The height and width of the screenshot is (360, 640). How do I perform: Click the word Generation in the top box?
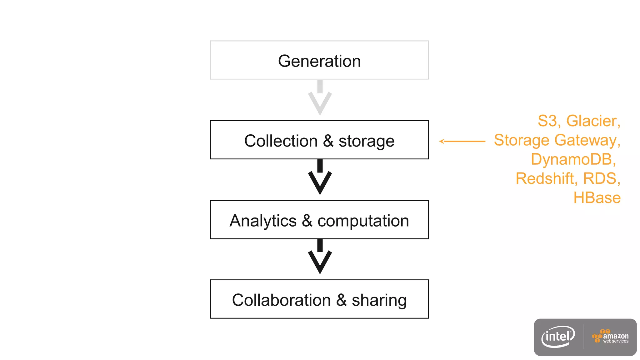pyautogui.click(x=319, y=61)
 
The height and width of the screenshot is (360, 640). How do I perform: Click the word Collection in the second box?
pyautogui.click(x=281, y=141)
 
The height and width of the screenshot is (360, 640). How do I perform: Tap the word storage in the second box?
pyautogui.click(x=366, y=141)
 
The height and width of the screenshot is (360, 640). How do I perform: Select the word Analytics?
pyautogui.click(x=263, y=221)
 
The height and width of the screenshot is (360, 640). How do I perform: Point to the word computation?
pyautogui.click(x=363, y=221)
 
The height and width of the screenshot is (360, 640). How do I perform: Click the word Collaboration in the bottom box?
pyautogui.click(x=281, y=300)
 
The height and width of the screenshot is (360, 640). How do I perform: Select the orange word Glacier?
pyautogui.click(x=591, y=121)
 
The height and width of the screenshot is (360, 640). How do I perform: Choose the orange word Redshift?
pyautogui.click(x=544, y=179)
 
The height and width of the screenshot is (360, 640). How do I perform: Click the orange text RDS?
pyautogui.click(x=600, y=179)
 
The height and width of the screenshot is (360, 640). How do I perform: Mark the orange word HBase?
pyautogui.click(x=597, y=198)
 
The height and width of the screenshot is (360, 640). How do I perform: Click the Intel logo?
pyautogui.click(x=558, y=337)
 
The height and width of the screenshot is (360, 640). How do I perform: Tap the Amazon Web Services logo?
pyautogui.click(x=610, y=337)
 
